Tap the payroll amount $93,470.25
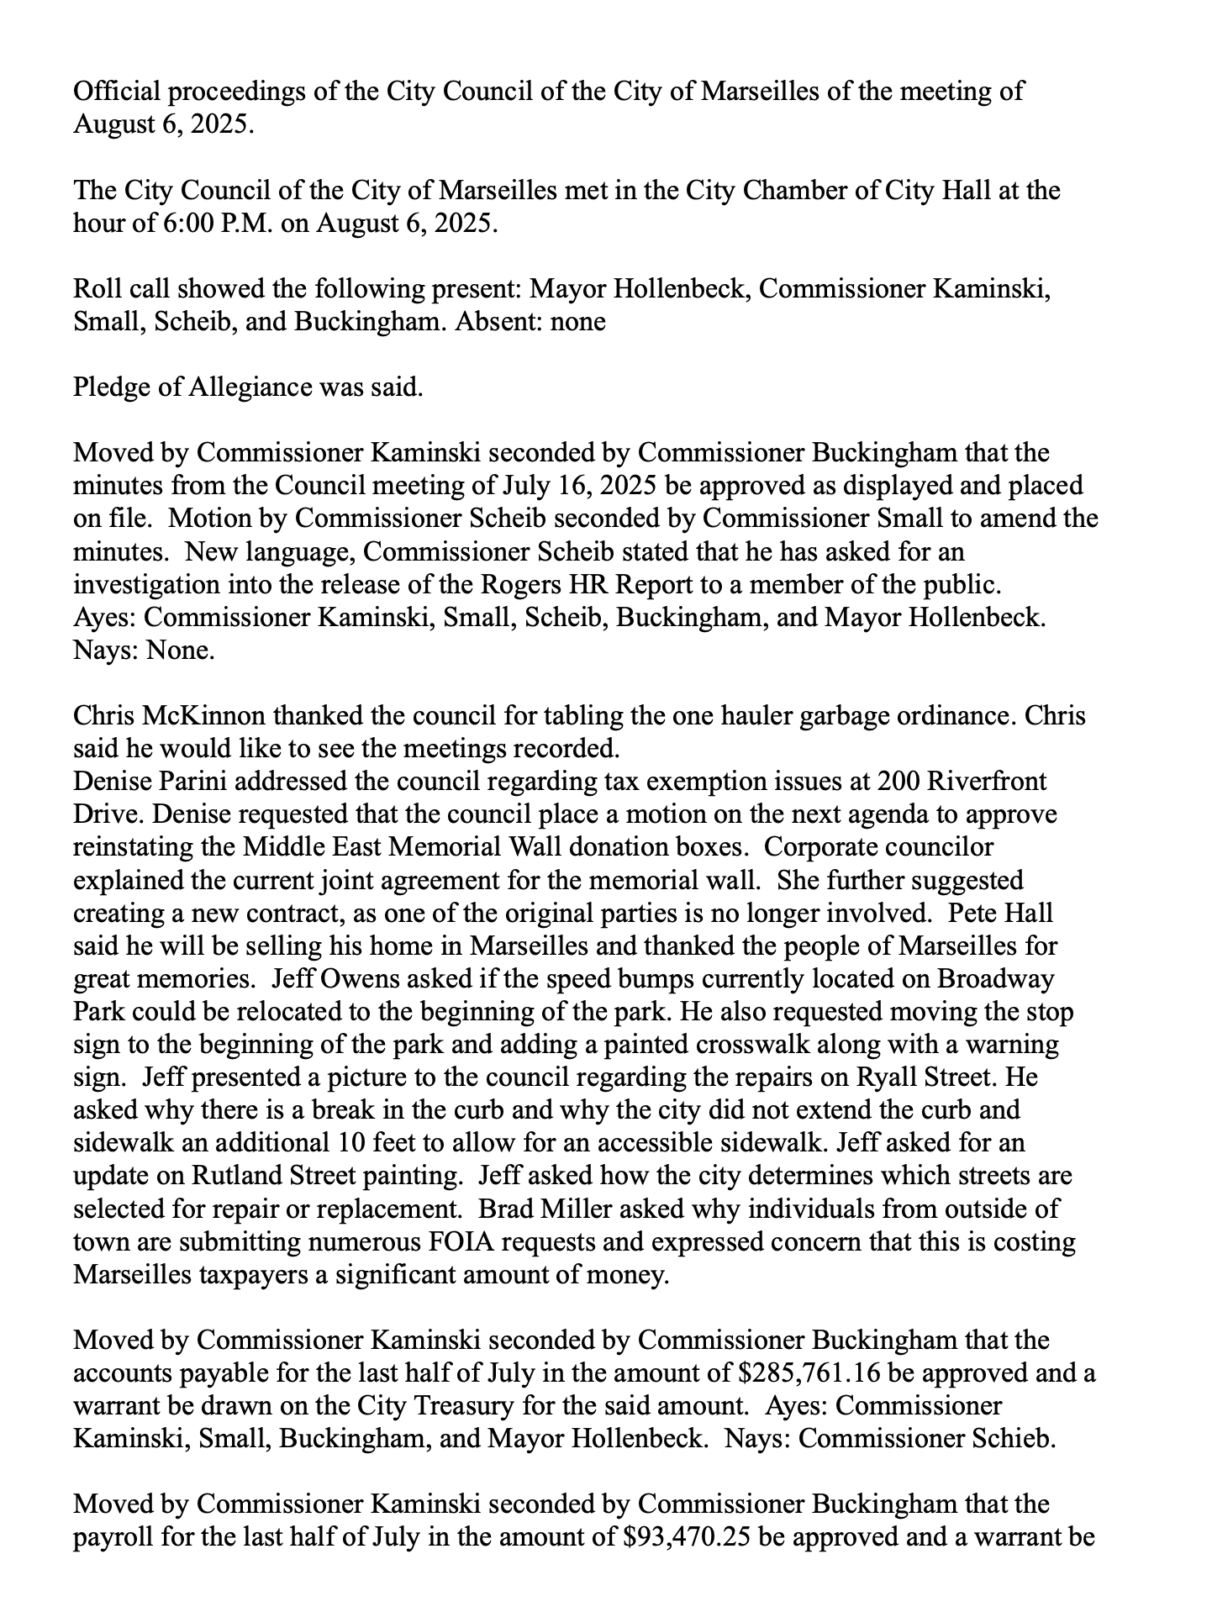click(688, 1536)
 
